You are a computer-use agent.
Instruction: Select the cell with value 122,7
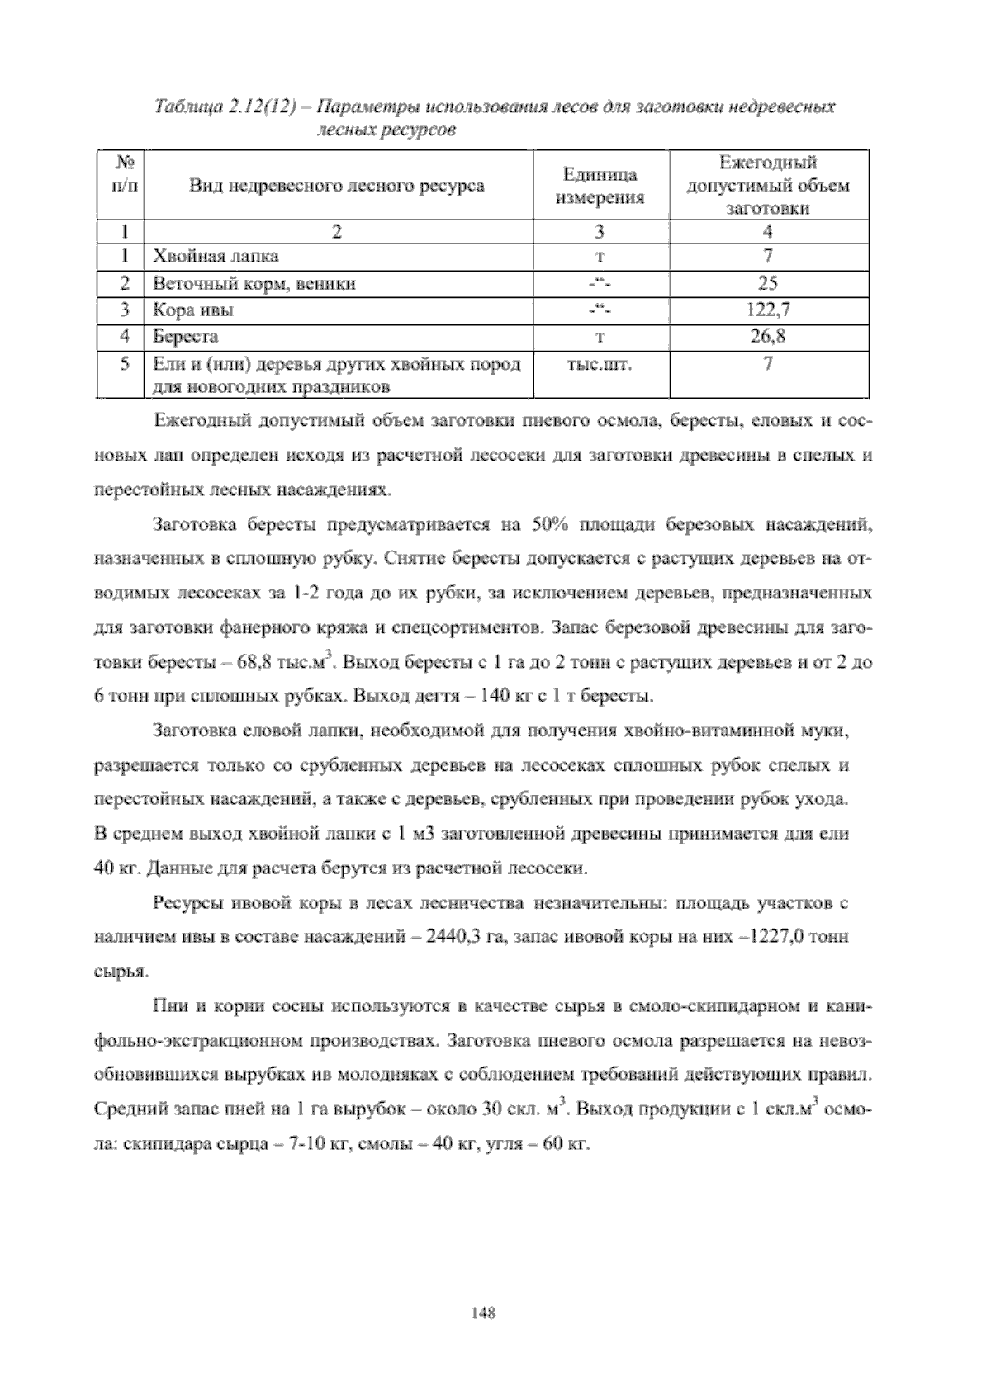pyautogui.click(x=768, y=310)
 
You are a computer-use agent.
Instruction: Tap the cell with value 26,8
pyautogui.click(x=768, y=337)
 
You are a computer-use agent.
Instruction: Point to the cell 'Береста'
pyautogui.click(x=185, y=337)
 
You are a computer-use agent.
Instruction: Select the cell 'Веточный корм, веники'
pyautogui.click(x=254, y=283)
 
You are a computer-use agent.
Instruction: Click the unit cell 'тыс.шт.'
pyautogui.click(x=600, y=364)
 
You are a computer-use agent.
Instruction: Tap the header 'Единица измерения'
pyautogui.click(x=600, y=186)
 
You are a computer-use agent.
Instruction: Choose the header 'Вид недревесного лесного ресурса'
pyautogui.click(x=337, y=186)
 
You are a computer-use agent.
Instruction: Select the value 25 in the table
pyautogui.click(x=768, y=283)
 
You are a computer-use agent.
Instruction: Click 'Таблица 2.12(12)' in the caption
pyautogui.click(x=225, y=107)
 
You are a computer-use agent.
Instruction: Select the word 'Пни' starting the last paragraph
pyautogui.click(x=168, y=1007)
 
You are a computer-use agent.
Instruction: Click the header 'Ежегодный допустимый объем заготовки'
pyautogui.click(x=768, y=186)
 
